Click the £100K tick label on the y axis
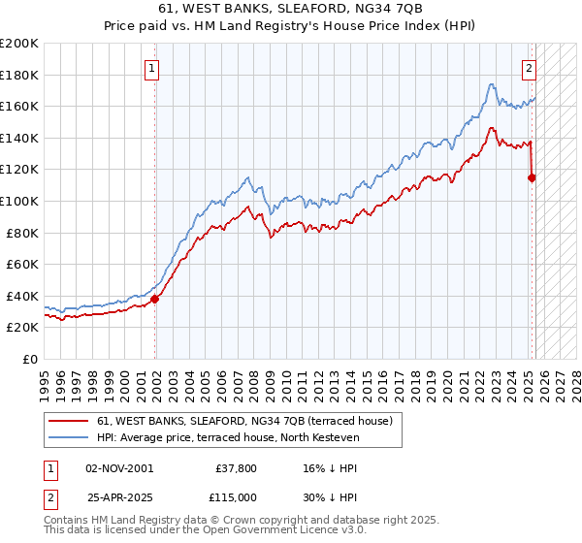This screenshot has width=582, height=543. [x=19, y=201]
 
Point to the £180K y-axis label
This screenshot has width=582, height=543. [x=19, y=75]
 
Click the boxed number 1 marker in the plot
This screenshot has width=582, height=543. [x=154, y=68]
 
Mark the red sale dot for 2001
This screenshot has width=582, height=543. [x=155, y=299]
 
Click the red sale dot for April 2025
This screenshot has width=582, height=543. [x=532, y=177]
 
